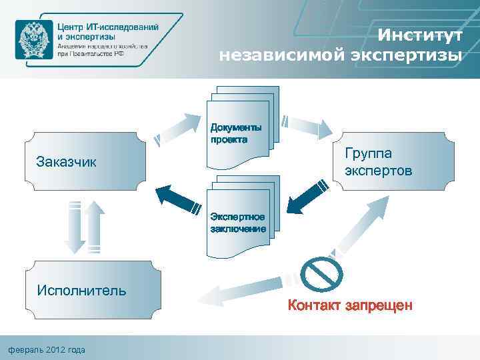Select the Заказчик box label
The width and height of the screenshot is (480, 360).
(x=67, y=161)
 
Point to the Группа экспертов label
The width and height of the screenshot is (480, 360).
(x=378, y=162)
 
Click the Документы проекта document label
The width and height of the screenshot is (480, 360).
(x=236, y=133)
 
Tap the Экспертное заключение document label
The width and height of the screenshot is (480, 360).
(x=238, y=223)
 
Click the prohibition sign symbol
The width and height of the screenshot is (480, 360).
(x=321, y=275)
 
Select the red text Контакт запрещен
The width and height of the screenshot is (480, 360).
(x=350, y=305)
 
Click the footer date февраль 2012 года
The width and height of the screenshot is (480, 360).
(x=46, y=349)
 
